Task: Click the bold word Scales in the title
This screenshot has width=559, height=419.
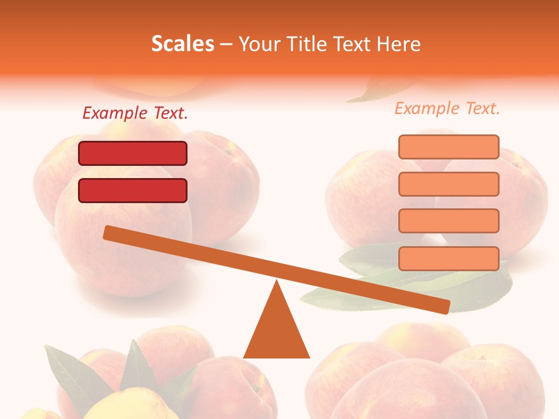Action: coord(182,44)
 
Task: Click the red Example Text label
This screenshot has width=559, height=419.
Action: coord(135,113)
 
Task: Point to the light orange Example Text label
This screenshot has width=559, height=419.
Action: coord(447,108)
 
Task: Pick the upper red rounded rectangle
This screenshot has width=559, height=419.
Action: coord(133,153)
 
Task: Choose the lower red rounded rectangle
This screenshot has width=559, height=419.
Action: coord(133,190)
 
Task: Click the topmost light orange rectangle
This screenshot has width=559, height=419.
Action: coord(448,147)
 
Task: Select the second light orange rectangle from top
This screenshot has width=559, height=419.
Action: coord(448,184)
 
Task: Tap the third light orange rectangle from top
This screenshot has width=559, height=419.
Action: coord(448,221)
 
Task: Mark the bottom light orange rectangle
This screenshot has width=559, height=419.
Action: coord(448,258)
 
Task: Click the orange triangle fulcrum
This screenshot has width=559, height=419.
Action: coord(277,332)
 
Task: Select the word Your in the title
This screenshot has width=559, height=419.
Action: coord(260,44)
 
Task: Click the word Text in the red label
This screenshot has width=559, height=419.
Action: coord(170,113)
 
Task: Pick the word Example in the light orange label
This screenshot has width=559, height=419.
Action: coord(427,108)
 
